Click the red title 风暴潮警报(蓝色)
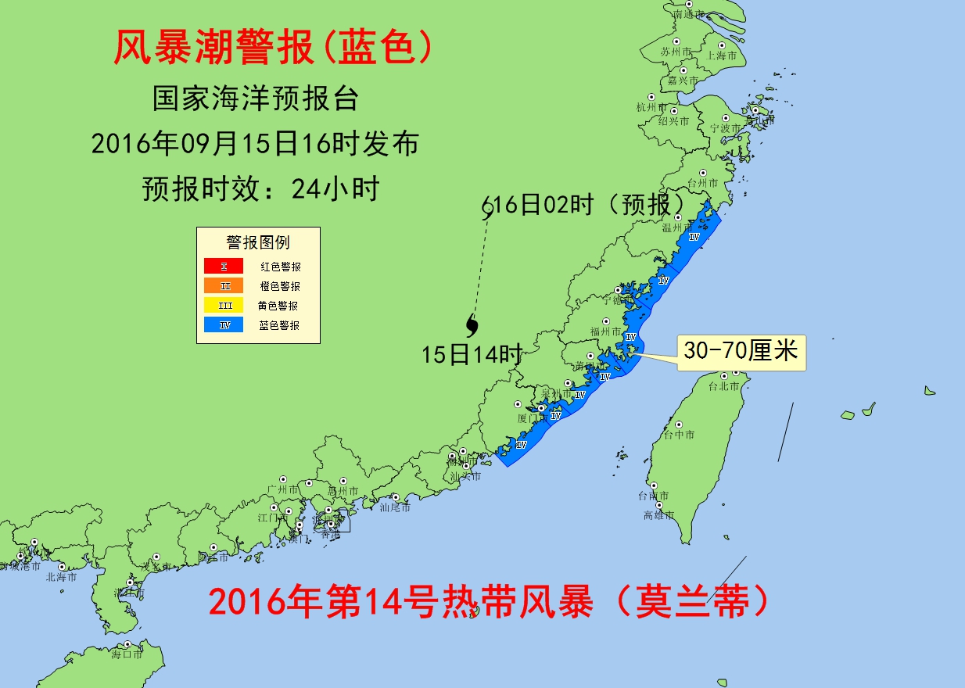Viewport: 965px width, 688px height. click(273, 48)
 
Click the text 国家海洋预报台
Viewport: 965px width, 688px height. click(255, 99)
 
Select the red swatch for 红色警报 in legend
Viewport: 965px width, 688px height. click(224, 267)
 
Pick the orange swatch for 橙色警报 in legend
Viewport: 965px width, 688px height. click(224, 286)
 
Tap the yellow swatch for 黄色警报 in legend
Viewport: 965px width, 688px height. click(224, 306)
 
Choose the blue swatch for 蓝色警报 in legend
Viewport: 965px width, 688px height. click(224, 325)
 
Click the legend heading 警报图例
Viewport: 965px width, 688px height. click(258, 242)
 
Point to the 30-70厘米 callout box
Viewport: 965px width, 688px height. click(740, 351)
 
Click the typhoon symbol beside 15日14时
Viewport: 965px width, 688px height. click(472, 323)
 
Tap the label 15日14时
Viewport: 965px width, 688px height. click(471, 354)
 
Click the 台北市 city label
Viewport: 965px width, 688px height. click(723, 386)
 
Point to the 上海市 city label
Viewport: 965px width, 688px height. click(721, 56)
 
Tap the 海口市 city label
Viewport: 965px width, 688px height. click(127, 654)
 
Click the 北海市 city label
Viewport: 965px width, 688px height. click(61, 577)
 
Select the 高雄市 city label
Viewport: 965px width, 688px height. click(658, 515)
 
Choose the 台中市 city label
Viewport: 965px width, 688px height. click(679, 435)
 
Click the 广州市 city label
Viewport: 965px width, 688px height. click(283, 489)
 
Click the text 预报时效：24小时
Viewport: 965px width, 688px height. click(260, 188)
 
